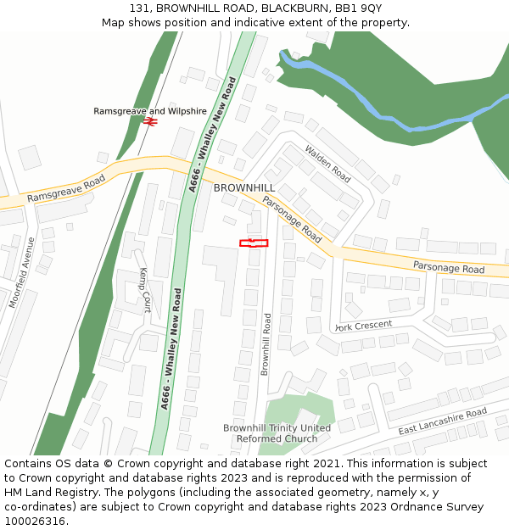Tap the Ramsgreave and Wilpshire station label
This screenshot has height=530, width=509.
149,111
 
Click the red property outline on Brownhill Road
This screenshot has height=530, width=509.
253,243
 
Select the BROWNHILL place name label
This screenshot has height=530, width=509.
244,187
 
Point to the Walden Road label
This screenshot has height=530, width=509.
327,164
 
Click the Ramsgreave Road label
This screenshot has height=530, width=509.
66,188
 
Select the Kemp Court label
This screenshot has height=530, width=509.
144,291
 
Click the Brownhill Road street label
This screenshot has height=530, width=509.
266,344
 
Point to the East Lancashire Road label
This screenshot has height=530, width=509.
443,421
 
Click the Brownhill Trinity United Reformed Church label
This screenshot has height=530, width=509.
277,433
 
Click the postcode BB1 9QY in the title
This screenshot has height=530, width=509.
358,8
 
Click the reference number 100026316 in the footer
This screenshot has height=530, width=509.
34,522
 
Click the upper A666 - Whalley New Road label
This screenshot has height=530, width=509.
212,134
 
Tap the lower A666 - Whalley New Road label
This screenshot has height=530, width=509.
172,349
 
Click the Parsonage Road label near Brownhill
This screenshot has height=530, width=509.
291,220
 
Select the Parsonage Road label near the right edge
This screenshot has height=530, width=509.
449,268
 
